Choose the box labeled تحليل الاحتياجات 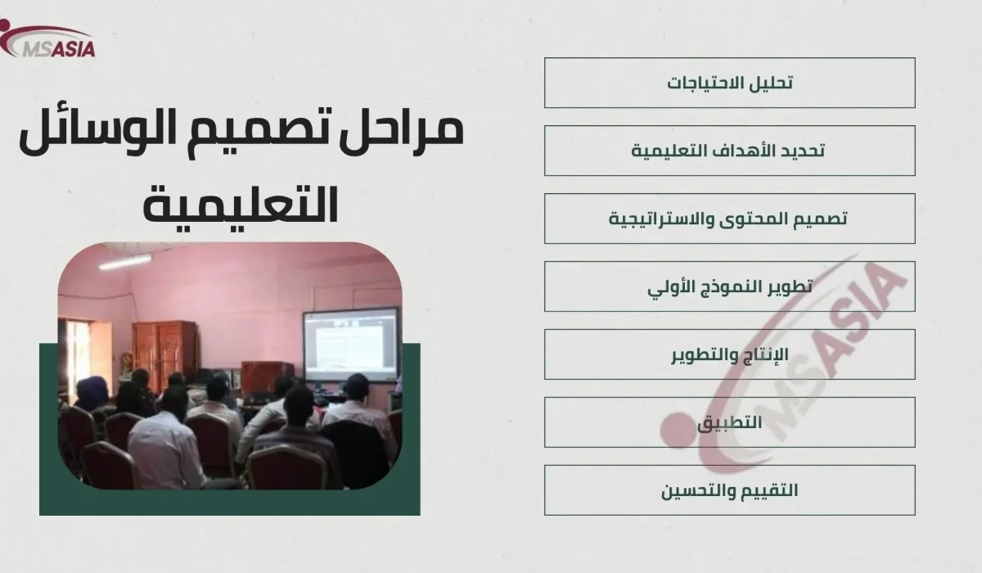pyautogui.click(x=729, y=83)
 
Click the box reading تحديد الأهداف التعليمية pyautogui.click(x=729, y=151)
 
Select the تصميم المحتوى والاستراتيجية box pyautogui.click(x=729, y=219)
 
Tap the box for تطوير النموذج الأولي pyautogui.click(x=729, y=286)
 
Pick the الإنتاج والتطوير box pyautogui.click(x=729, y=354)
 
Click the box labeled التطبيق pyautogui.click(x=729, y=422)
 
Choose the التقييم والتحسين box pyautogui.click(x=729, y=490)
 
